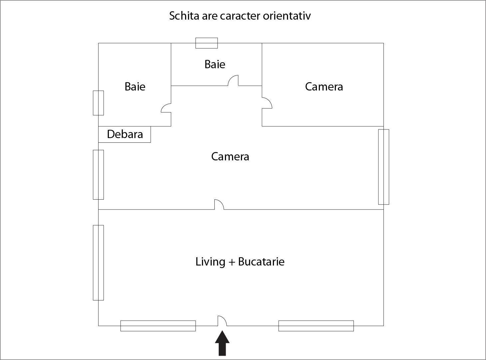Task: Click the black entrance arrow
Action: [x=222, y=343]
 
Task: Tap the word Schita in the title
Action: [x=184, y=16]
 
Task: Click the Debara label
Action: [x=125, y=134]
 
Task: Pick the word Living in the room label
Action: [x=210, y=262]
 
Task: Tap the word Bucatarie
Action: [x=261, y=262]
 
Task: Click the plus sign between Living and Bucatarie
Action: [x=232, y=262]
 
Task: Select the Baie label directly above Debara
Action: [x=135, y=87]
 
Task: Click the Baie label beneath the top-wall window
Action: [x=215, y=65]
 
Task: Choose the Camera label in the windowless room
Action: [x=324, y=87]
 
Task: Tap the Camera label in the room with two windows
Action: [x=230, y=156]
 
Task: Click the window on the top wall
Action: [x=206, y=43]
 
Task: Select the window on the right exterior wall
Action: [x=383, y=167]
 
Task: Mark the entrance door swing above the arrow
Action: [x=222, y=321]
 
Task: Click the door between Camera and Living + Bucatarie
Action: [x=219, y=204]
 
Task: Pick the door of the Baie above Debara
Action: [x=166, y=108]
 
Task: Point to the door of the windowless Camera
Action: [x=267, y=103]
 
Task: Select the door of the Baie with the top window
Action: [x=233, y=81]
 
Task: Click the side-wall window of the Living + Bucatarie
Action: [x=98, y=263]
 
